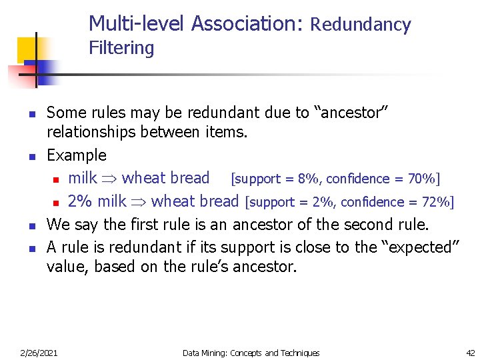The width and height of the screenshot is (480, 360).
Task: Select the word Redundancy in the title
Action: tap(361, 25)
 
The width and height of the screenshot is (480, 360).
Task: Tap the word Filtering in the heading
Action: tap(121, 49)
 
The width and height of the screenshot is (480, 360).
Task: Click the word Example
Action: tap(76, 156)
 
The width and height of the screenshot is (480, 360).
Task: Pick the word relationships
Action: tap(92, 133)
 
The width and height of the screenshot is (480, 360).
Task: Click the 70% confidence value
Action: tap(421, 179)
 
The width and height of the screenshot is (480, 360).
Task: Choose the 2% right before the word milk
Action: tap(79, 201)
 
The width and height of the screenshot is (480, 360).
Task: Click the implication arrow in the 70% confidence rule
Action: tap(110, 179)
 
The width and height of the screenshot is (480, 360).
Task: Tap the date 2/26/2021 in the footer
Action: tap(38, 353)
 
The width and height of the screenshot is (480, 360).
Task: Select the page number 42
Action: tap(470, 353)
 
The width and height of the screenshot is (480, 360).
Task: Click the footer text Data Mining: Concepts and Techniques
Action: tap(251, 353)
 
